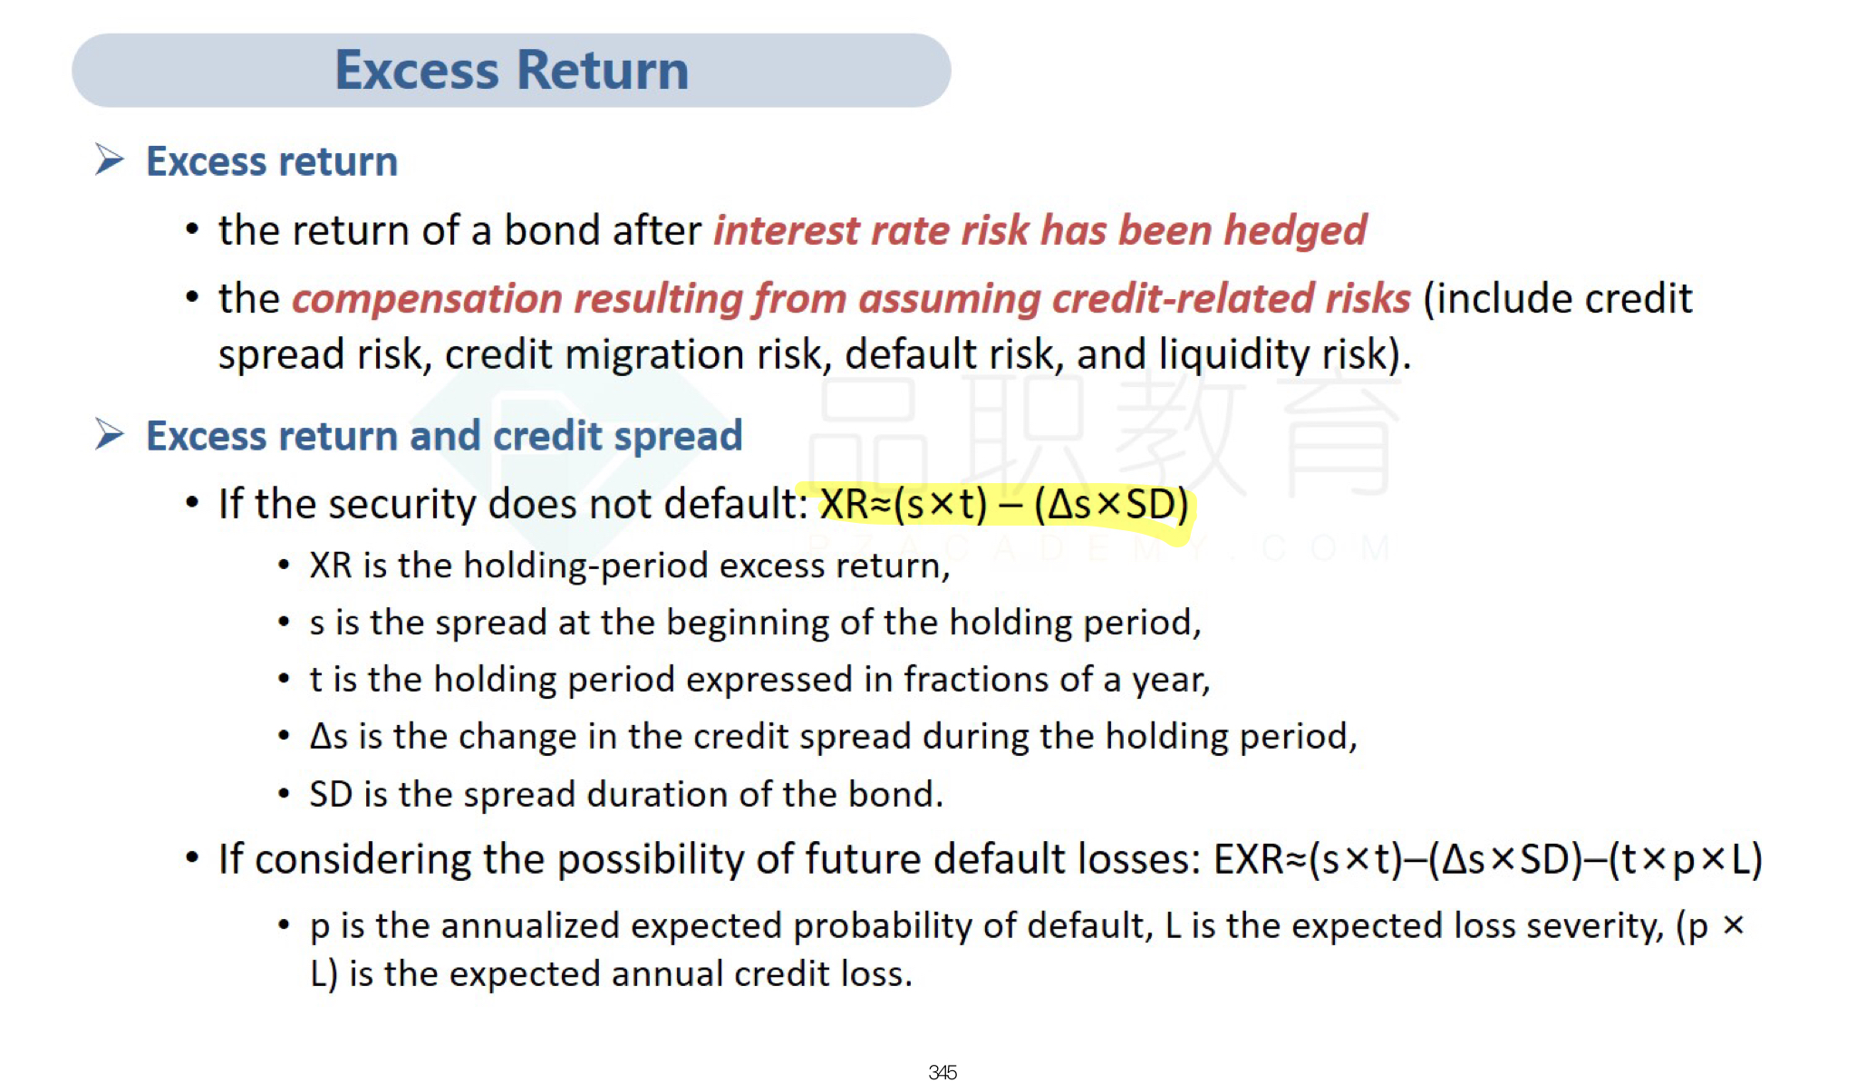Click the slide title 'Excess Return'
click(x=512, y=71)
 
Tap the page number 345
click(x=942, y=1072)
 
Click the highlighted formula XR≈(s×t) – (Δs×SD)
click(x=1004, y=505)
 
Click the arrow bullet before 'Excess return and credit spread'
click(x=110, y=434)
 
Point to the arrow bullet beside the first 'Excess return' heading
click(x=110, y=160)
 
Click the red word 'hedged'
click(x=1295, y=231)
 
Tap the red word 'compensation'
click(x=427, y=300)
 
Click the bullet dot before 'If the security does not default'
click(x=192, y=502)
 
